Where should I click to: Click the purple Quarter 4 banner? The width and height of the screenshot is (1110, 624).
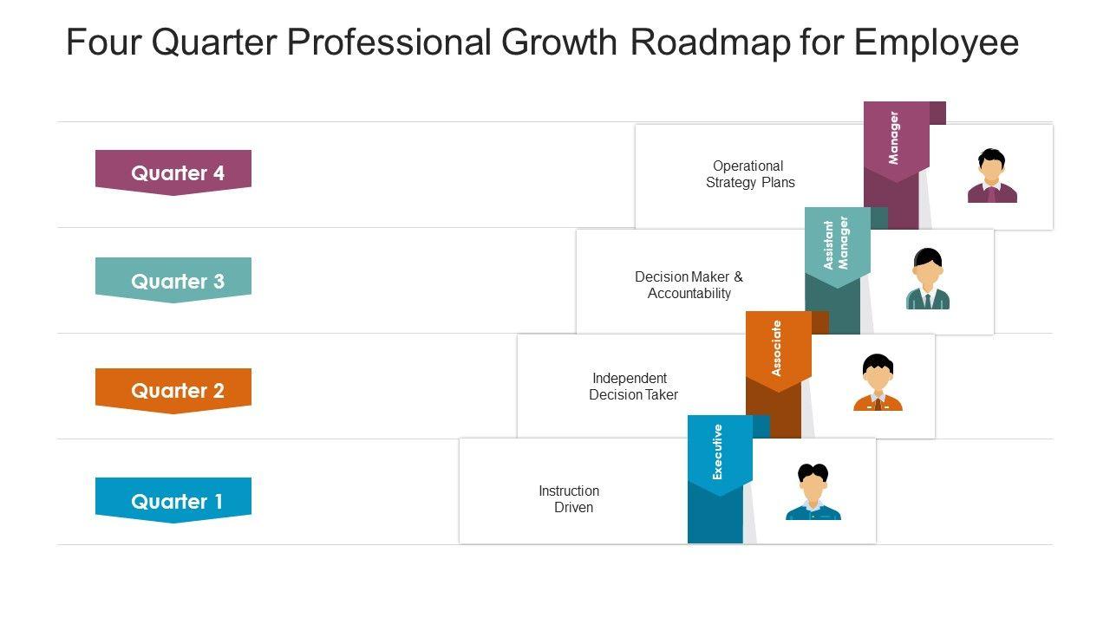coord(173,172)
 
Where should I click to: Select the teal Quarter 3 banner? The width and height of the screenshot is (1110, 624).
coord(173,280)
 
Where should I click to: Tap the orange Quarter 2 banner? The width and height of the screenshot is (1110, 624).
coord(173,390)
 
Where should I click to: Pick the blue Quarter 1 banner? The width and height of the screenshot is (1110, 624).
coord(173,500)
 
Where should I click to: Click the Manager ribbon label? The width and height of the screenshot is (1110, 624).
coord(896,139)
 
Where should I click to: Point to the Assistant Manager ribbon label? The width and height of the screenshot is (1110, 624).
coord(837,244)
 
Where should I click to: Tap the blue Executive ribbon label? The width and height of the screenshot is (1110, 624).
coord(719,452)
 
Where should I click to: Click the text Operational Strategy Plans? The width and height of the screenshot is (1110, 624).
coord(749,174)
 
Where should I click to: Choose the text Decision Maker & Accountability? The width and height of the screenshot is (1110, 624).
coord(689,285)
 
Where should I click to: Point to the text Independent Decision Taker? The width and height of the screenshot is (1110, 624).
coord(632,387)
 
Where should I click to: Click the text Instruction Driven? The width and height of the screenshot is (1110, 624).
coord(570,499)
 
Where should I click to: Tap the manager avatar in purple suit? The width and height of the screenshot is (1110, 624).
coord(991,177)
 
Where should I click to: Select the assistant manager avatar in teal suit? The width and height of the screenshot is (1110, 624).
coord(927,279)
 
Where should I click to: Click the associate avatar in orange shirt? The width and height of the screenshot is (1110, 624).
coord(878,383)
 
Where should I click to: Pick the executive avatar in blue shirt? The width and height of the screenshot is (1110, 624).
coord(813,492)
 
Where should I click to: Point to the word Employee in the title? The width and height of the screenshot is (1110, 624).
coord(937,42)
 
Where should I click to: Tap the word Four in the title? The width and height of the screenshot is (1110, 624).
coord(103,42)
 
